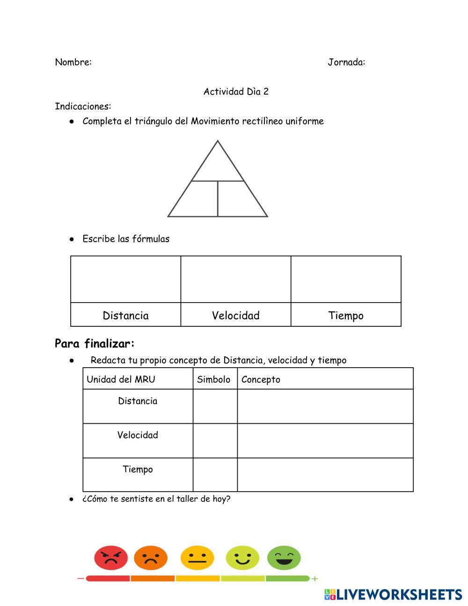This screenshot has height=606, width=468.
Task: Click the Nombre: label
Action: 73,62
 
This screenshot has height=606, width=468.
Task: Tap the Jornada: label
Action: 346,62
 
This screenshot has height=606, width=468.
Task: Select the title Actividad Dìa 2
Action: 236,92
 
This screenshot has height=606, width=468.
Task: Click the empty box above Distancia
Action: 125,279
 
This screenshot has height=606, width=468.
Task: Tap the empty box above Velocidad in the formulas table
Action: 236,279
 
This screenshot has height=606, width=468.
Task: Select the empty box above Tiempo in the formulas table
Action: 346,279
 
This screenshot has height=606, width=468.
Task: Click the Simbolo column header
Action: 214,379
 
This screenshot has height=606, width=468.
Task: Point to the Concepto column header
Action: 261,379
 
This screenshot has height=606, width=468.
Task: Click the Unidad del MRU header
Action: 121,379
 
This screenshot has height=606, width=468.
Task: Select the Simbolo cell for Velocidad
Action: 215,441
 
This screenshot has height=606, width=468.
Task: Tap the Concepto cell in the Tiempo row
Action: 325,475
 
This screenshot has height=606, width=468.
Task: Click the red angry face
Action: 111,558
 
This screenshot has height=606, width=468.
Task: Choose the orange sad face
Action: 151,558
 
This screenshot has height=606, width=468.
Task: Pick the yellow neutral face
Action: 197,558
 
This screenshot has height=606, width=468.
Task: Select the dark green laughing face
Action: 284,558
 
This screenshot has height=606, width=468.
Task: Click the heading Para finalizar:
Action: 95,344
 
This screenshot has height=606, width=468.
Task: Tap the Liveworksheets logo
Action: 393,595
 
